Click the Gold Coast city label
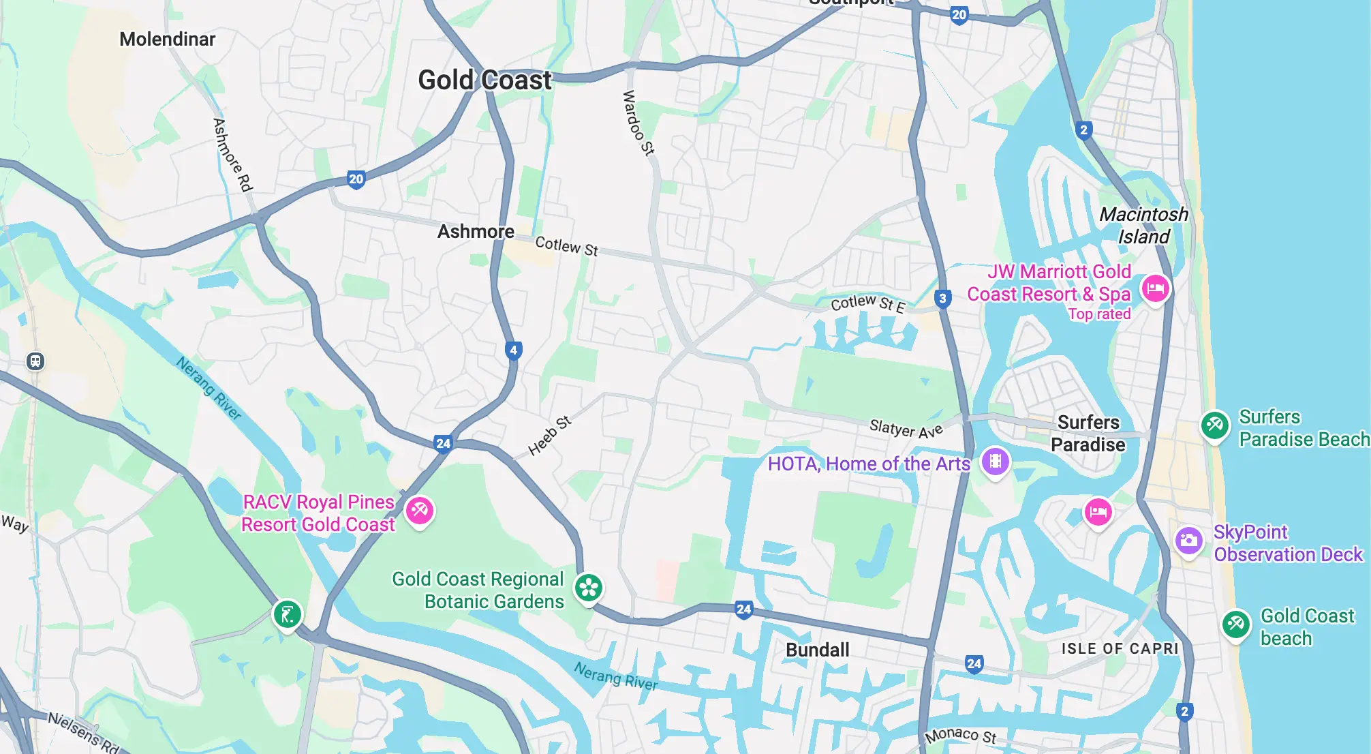click(484, 80)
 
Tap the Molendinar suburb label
click(167, 40)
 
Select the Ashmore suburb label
click(476, 232)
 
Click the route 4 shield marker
click(514, 350)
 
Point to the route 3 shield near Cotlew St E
click(942, 298)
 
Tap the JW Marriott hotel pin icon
click(1155, 288)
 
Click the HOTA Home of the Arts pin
click(995, 462)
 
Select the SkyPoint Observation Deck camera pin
click(1188, 541)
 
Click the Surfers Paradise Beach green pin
click(1214, 425)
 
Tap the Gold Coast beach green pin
click(1235, 624)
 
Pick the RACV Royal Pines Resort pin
click(419, 510)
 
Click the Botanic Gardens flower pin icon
click(589, 588)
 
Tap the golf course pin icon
click(287, 614)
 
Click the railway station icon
click(35, 361)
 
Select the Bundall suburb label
click(817, 650)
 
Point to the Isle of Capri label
click(1120, 648)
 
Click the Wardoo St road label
click(638, 123)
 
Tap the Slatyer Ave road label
click(906, 429)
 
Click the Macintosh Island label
click(1143, 226)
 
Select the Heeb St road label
click(549, 436)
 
